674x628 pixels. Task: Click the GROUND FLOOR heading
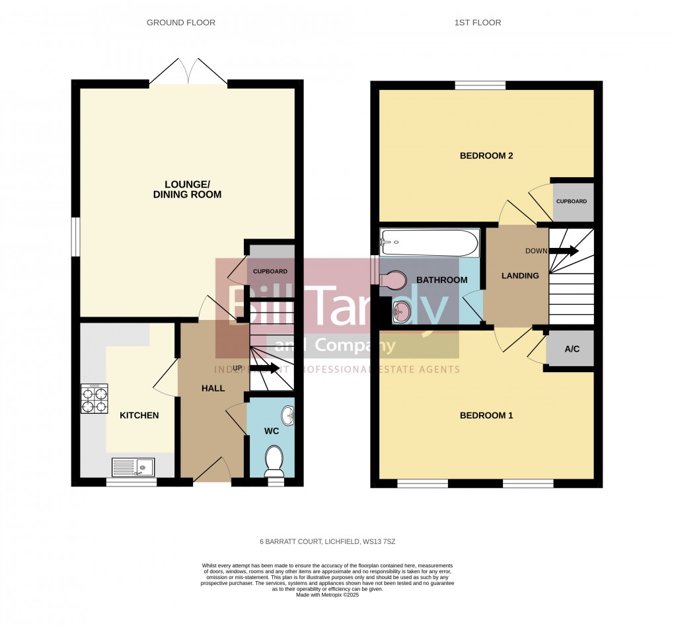tap(180, 22)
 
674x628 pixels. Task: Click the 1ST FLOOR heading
tap(477, 22)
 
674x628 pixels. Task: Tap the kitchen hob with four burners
tap(94, 399)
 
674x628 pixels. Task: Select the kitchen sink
tap(133, 467)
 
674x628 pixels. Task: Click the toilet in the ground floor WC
tap(273, 460)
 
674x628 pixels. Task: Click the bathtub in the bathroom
tap(430, 243)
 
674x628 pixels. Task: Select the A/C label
tap(572, 348)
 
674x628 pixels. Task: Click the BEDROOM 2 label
tap(486, 156)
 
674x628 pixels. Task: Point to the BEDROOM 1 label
tap(486, 415)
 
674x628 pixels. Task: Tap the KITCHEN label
tap(139, 415)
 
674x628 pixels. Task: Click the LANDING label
tap(520, 276)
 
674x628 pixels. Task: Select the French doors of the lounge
tap(188, 71)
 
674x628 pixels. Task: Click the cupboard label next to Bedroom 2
tap(571, 201)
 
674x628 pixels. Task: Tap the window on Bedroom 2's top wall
tap(480, 85)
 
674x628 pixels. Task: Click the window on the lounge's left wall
tap(75, 237)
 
